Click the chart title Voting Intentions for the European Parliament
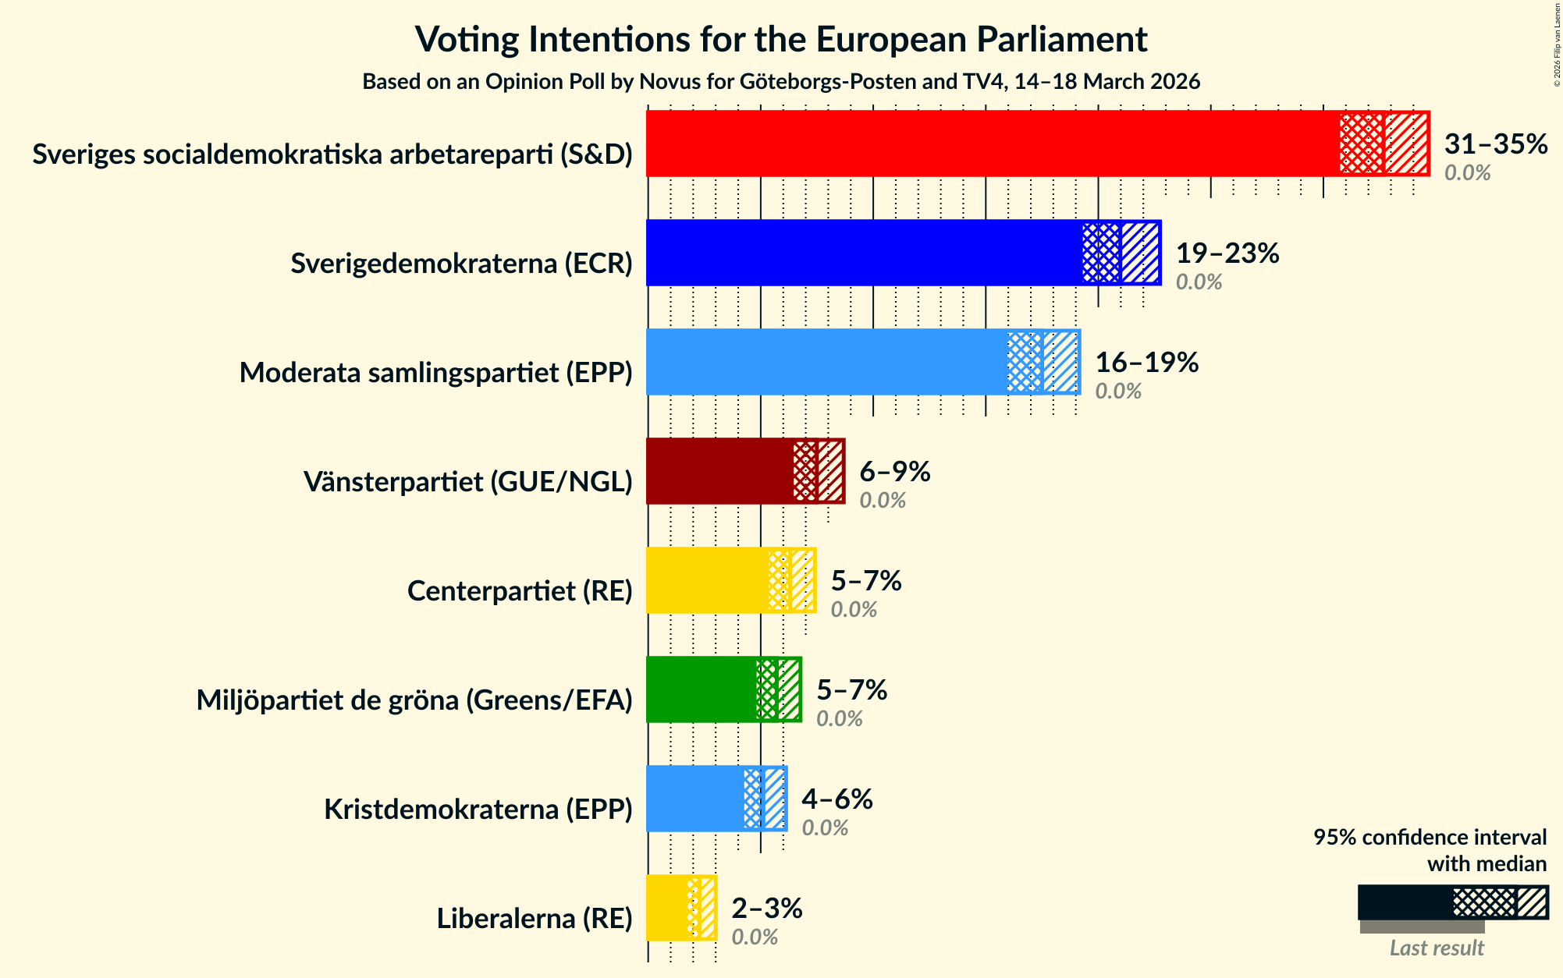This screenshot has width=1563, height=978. [780, 39]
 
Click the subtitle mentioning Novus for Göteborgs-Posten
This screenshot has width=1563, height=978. [780, 82]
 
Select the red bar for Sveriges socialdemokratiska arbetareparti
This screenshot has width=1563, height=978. [991, 144]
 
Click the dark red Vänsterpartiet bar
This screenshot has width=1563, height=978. [719, 471]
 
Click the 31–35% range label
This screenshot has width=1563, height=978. [1495, 144]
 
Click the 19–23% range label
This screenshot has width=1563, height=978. [1227, 253]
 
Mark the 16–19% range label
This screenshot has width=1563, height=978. [1146, 363]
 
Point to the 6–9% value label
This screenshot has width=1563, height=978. [894, 472]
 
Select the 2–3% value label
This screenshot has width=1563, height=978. [766, 909]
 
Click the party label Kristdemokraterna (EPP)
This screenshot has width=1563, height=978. [478, 810]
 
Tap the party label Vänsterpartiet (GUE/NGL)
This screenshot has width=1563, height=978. [467, 482]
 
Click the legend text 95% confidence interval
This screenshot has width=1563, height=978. [1429, 838]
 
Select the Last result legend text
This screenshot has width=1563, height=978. [1436, 948]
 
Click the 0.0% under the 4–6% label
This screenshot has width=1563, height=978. [825, 827]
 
